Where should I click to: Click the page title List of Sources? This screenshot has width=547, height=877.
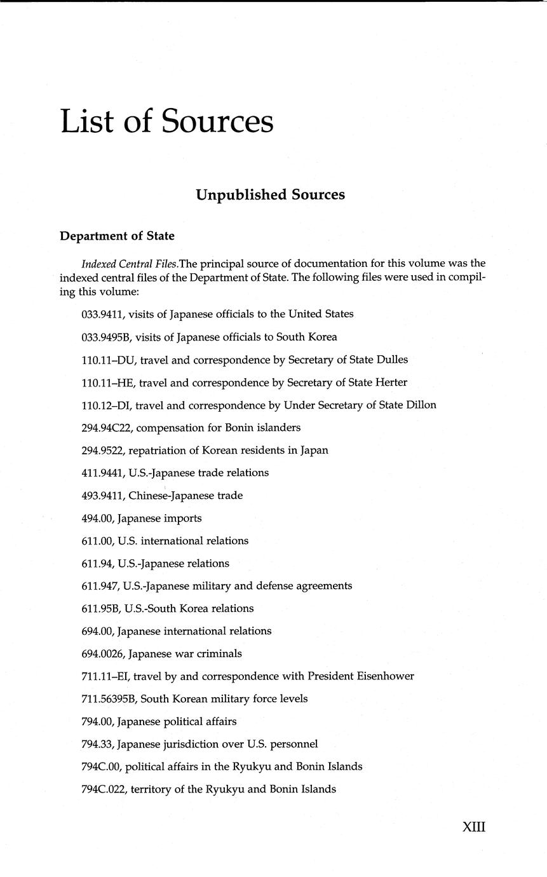click(166, 121)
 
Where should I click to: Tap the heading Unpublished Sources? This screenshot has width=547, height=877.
click(270, 194)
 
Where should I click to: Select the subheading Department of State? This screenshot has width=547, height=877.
click(117, 236)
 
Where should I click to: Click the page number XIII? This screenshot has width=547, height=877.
click(473, 827)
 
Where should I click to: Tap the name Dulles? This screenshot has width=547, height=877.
click(391, 360)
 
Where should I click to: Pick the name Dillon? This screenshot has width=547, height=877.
click(421, 405)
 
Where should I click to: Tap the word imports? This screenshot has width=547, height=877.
click(182, 519)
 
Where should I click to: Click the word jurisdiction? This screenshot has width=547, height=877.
click(196, 744)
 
